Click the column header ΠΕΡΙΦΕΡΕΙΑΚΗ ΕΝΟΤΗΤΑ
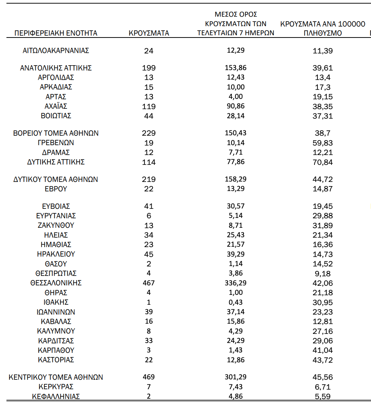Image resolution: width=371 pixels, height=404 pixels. pos(56,33)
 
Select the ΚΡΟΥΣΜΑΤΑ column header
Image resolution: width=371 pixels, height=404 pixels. pos(149,33)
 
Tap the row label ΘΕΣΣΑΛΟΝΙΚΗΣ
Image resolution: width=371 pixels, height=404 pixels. pos(56,283)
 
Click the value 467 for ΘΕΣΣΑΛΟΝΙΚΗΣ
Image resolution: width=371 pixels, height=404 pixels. pos(149,283)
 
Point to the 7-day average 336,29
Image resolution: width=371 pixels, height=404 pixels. pos(235,283)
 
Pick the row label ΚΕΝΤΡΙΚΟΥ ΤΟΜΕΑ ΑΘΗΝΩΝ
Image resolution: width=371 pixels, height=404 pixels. pos(56,377)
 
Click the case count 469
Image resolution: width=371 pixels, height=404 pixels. pos(149,377)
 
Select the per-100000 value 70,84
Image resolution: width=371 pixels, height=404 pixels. pos(323,162)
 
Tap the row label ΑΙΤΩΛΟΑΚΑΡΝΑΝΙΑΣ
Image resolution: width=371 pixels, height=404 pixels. pos(56,50)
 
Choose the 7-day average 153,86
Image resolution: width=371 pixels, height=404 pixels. pos(235,68)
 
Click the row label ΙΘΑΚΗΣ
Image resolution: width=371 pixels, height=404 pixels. pos(56,302)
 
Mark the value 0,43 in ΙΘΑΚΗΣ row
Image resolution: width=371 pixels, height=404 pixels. pos(235,302)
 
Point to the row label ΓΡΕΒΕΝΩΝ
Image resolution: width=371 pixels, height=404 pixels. pos(56,143)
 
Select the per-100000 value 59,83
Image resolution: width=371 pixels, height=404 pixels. pos(323,143)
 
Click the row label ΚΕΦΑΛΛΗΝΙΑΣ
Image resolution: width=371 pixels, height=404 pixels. pos(56,397)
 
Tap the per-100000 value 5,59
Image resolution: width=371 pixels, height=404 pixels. pos(323,397)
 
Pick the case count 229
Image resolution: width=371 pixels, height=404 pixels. pos(149,133)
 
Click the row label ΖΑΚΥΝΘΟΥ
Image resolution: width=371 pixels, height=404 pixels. pos(56,225)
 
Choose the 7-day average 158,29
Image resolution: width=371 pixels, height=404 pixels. pos(235,179)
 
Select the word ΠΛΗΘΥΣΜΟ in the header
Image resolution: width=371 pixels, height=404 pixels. pos(323,33)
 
